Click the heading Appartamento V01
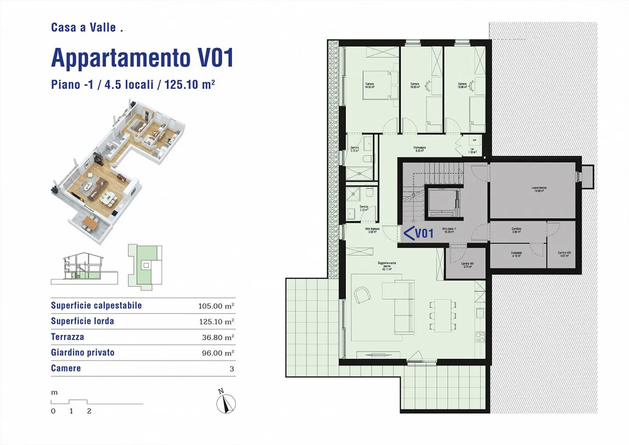click(142, 58)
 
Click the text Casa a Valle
click(86, 28)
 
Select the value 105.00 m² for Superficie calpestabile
click(216, 306)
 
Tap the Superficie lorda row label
click(83, 321)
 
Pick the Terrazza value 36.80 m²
click(218, 337)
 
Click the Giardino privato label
click(83, 353)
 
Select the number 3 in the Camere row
click(232, 369)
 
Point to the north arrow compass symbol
click(226, 403)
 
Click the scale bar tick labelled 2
click(89, 411)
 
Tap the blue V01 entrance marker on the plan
click(418, 233)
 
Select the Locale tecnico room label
click(539, 189)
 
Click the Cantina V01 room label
click(467, 265)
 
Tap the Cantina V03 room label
click(564, 254)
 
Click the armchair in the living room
click(362, 295)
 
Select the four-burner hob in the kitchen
click(480, 337)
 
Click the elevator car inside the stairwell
click(442, 203)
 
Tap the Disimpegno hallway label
click(419, 149)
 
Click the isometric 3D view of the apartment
click(118, 170)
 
